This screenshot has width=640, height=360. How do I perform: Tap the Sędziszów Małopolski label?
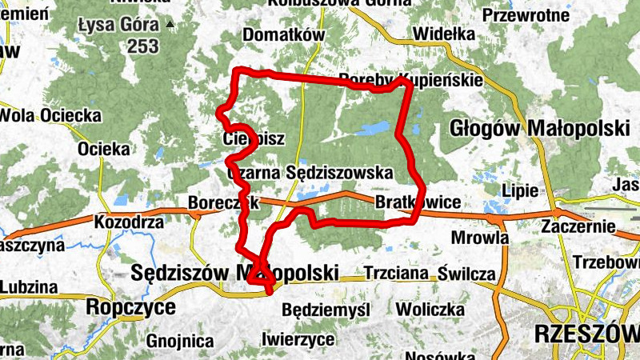(234, 273)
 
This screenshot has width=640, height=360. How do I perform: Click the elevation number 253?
(142, 46)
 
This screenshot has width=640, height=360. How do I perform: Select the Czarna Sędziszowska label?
(310, 173)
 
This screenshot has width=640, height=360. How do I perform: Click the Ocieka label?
(104, 149)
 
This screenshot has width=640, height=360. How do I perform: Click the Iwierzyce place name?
(298, 339)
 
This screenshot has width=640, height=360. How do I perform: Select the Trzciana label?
(397, 273)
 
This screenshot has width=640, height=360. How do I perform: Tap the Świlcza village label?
(467, 274)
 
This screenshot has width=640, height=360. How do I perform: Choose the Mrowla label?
(481, 238)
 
